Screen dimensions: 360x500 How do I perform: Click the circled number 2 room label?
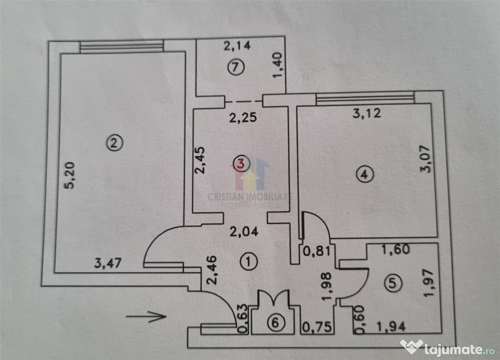[113, 143]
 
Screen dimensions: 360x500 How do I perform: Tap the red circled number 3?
[240, 163]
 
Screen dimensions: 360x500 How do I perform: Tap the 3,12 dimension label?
[366, 114]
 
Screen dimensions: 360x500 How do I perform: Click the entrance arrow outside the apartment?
[146, 316]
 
